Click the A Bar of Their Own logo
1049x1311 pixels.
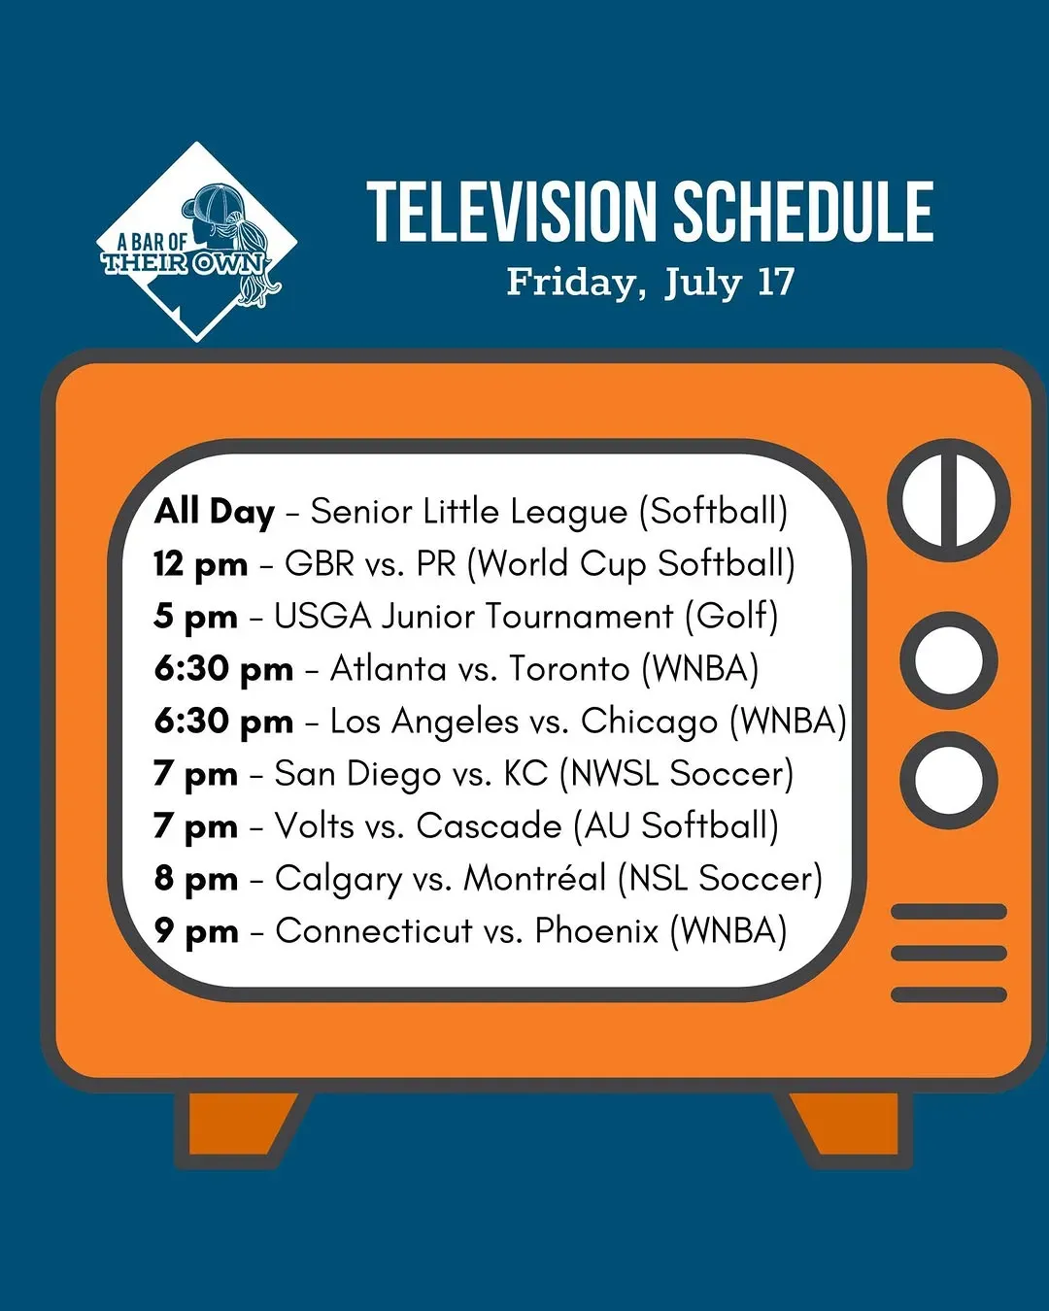pyautogui.click(x=196, y=242)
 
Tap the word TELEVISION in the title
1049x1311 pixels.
pyautogui.click(x=510, y=212)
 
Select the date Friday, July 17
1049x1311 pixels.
pyautogui.click(x=651, y=282)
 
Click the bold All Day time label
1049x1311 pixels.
pyautogui.click(x=214, y=513)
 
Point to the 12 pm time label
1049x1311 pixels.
pyautogui.click(x=200, y=564)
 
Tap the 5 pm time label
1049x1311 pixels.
pyautogui.click(x=195, y=617)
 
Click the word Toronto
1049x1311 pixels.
pyautogui.click(x=568, y=668)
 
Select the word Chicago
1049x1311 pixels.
pyautogui.click(x=649, y=723)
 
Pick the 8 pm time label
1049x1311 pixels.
pyautogui.click(x=195, y=879)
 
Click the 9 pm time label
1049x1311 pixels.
pyautogui.click(x=195, y=931)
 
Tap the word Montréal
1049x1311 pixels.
pyautogui.click(x=534, y=878)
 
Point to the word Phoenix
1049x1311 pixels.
pyautogui.click(x=596, y=931)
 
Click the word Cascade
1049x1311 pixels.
pyautogui.click(x=489, y=826)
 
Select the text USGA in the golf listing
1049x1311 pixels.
pyautogui.click(x=322, y=616)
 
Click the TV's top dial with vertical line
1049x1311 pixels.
pyautogui.click(x=948, y=501)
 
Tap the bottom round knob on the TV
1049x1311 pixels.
pyautogui.click(x=948, y=781)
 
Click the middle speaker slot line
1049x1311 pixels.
pyautogui.click(x=948, y=954)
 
